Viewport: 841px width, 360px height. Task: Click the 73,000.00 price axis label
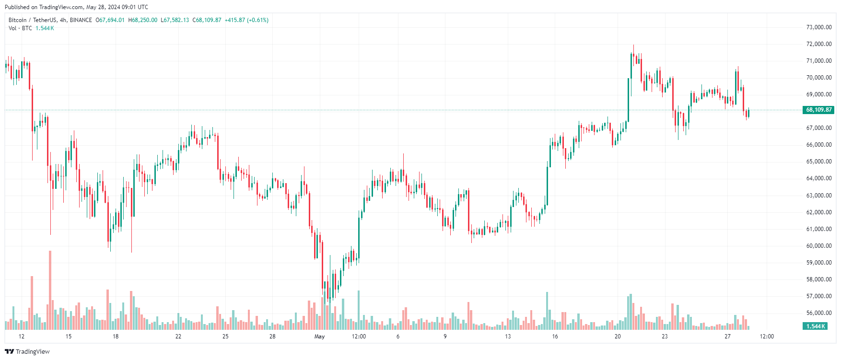[x=818, y=27]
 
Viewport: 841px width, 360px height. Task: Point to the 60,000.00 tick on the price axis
[x=818, y=246]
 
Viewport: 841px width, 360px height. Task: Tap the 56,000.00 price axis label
[x=818, y=313]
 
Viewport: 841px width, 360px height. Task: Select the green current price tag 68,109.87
[x=818, y=110]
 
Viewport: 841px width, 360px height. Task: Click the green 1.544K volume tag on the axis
[x=815, y=326]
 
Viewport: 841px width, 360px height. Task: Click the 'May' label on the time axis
[x=319, y=337]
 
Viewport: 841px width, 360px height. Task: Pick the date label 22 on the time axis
[x=178, y=337]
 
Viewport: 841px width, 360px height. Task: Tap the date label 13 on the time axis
[x=508, y=337]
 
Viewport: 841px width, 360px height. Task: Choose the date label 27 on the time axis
[x=727, y=337]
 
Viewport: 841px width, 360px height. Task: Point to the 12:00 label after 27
[x=767, y=337]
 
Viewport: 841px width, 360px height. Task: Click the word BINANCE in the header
[x=81, y=20]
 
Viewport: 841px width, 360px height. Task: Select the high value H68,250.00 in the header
[x=142, y=20]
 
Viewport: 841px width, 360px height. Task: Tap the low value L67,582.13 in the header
[x=175, y=20]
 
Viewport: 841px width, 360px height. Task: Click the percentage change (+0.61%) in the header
[x=257, y=20]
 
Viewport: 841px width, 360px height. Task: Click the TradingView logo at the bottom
[x=27, y=351]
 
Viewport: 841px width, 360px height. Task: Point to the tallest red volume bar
[x=50, y=290]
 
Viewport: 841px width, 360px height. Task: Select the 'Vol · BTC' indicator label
[x=20, y=28]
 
